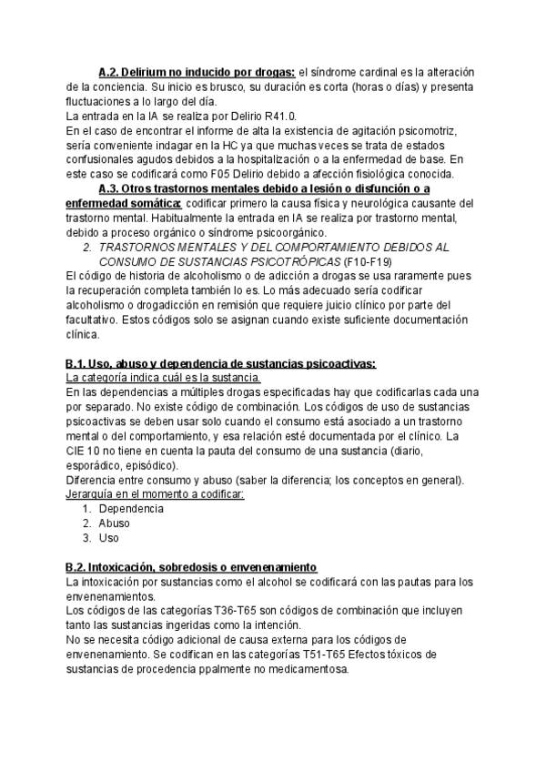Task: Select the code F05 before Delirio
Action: click(237, 175)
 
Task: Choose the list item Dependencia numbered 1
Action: click(130, 509)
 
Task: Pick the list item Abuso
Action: click(114, 523)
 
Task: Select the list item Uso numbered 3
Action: click(108, 538)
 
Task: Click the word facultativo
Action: click(95, 320)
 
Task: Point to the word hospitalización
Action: click(278, 160)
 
